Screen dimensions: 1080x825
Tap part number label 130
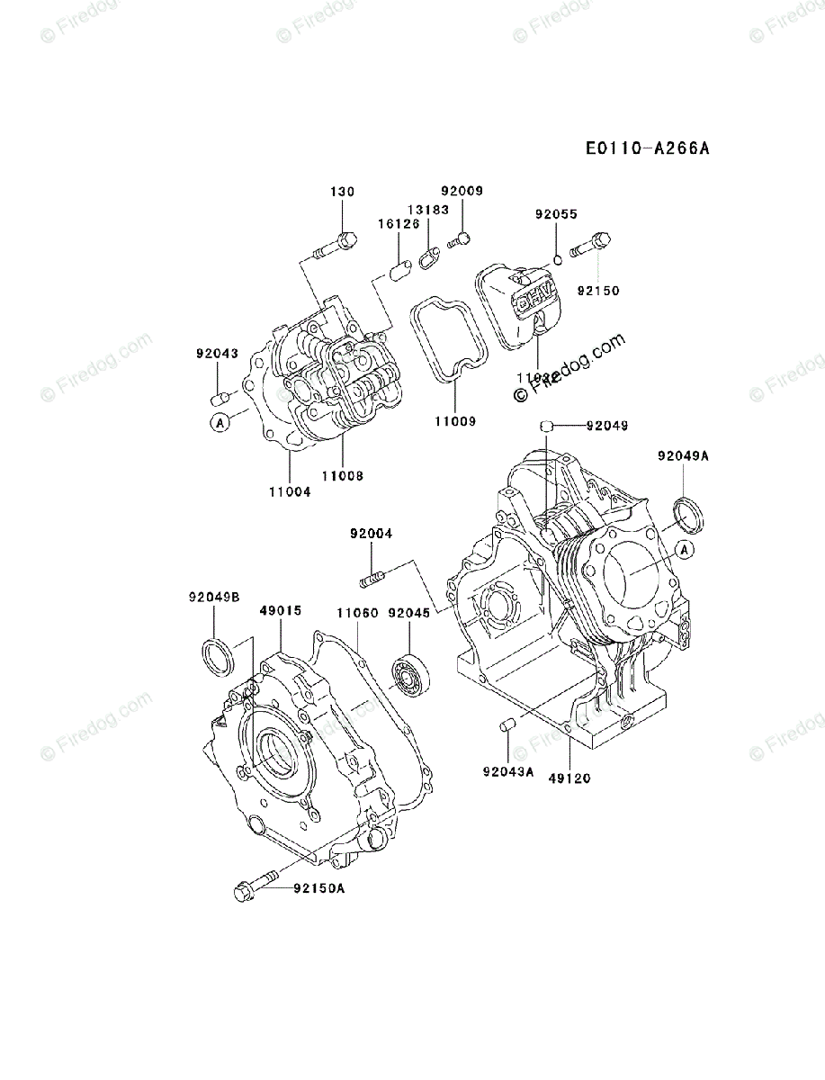[x=342, y=192]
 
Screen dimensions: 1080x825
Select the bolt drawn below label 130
[x=336, y=242]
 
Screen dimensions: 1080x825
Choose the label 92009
[x=462, y=191]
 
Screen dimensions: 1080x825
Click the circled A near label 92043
[x=219, y=420]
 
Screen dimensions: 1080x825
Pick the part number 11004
[x=289, y=490]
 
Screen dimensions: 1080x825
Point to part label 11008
[x=342, y=475]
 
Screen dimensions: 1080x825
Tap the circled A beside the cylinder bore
[x=685, y=549]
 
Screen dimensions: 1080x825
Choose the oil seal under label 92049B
[x=217, y=655]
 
